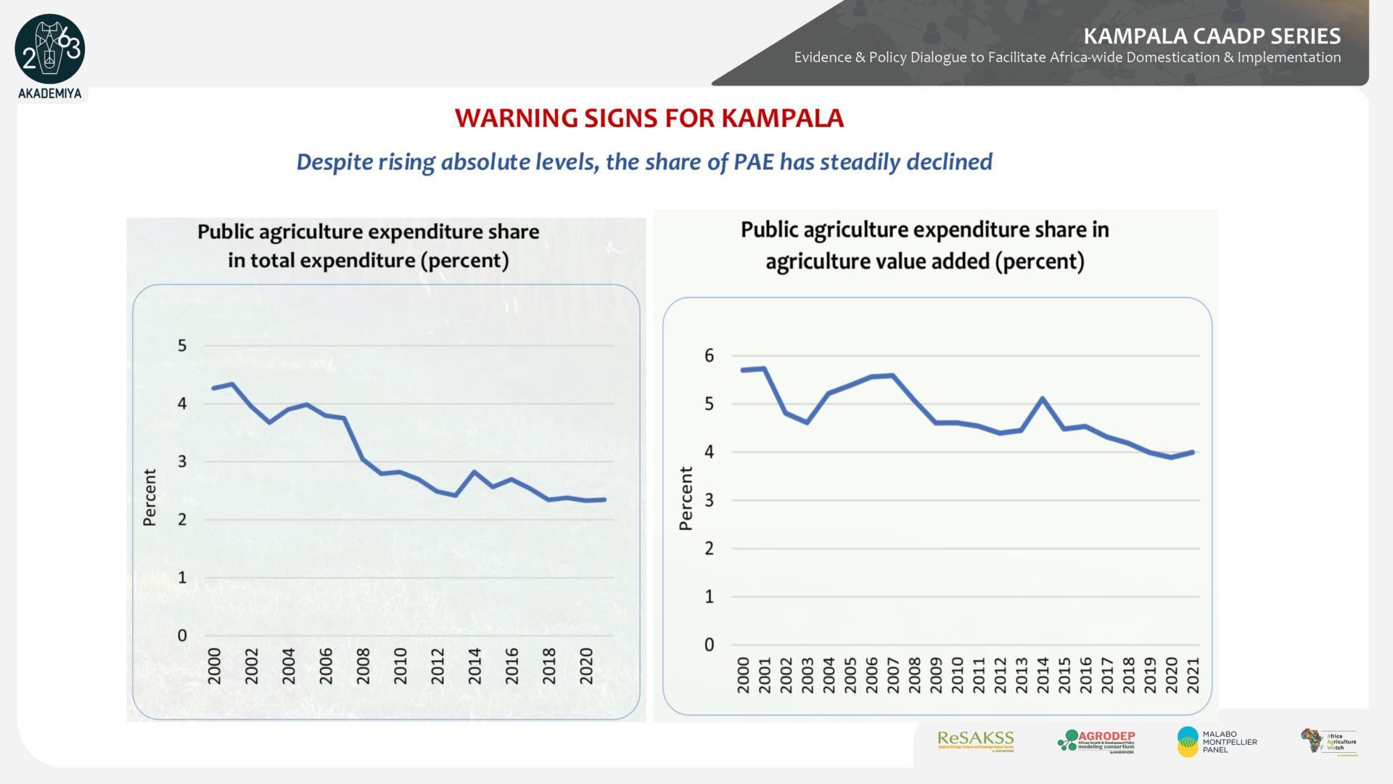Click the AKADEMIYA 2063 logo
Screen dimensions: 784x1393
[49, 51]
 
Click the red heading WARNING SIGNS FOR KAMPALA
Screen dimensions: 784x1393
[649, 118]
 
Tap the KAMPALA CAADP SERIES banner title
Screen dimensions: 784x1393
[1212, 36]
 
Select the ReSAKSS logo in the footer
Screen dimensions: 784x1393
[975, 740]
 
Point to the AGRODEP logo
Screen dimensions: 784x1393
[1096, 741]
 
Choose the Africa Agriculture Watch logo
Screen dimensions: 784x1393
[1328, 742]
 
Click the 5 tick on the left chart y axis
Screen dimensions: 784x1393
[182, 346]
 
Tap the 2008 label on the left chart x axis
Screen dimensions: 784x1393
[363, 666]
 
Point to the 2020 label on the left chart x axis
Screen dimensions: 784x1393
[586, 666]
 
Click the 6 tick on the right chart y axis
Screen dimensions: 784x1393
[709, 356]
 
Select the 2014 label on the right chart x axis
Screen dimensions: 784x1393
[1043, 674]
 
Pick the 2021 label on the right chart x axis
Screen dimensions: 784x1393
[1193, 674]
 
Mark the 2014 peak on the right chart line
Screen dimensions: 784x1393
[1043, 399]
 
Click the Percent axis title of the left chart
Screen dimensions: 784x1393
[149, 497]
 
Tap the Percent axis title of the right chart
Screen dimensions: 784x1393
[686, 499]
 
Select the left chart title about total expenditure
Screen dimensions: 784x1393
[369, 246]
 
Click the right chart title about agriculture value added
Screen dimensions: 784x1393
[925, 245]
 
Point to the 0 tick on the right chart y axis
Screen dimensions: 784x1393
[709, 645]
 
